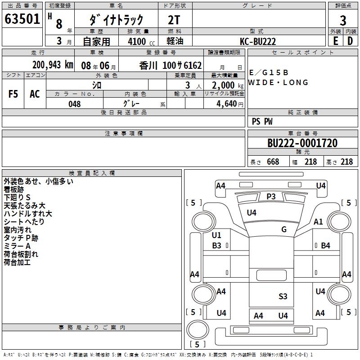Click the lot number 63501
pyautogui.click(x=22, y=19)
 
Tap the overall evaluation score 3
pyautogui.click(x=343, y=20)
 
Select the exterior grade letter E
pyautogui.click(x=335, y=40)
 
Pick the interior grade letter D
pyautogui.click(x=350, y=40)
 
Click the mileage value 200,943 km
pyautogui.click(x=53, y=65)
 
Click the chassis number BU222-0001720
pyautogui.click(x=302, y=143)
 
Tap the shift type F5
pyautogui.click(x=13, y=94)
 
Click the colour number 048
pyautogui.click(x=74, y=104)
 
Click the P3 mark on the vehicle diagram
pyautogui.click(x=271, y=196)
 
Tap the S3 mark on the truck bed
pyautogui.click(x=283, y=296)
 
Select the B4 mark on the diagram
pyautogui.click(x=325, y=246)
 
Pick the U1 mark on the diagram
pyautogui.click(x=216, y=235)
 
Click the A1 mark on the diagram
pyautogui.click(x=318, y=221)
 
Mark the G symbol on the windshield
pyautogui.click(x=284, y=229)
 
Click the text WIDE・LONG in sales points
pyautogui.click(x=278, y=82)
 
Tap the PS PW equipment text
pyautogui.click(x=262, y=121)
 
